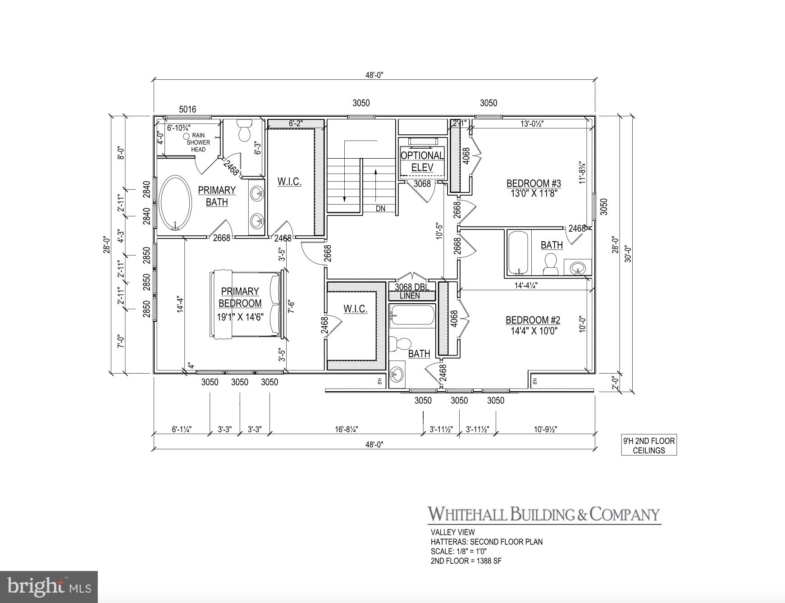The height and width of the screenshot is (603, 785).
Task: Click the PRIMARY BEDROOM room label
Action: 240,297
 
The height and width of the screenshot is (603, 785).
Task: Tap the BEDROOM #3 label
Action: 534,183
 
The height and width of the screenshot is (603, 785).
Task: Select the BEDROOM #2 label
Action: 533,320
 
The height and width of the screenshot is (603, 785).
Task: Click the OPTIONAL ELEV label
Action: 422,161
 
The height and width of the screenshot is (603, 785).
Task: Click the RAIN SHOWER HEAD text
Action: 198,142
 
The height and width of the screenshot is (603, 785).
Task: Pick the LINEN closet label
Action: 410,296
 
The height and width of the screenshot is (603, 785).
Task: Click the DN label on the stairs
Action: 381,209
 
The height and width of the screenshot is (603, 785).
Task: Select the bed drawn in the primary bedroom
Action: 246,304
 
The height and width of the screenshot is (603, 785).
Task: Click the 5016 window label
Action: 187,110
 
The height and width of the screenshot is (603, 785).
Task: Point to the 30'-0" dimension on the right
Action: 629,253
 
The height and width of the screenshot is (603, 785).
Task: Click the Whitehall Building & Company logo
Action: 544,514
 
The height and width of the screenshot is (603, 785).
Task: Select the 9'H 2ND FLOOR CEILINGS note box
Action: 649,445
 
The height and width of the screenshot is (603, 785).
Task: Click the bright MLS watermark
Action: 49,586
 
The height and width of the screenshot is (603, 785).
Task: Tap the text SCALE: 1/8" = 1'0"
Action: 459,551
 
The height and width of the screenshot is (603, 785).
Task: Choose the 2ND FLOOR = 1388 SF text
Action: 466,561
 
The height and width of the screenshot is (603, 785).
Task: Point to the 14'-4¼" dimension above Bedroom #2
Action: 526,285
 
